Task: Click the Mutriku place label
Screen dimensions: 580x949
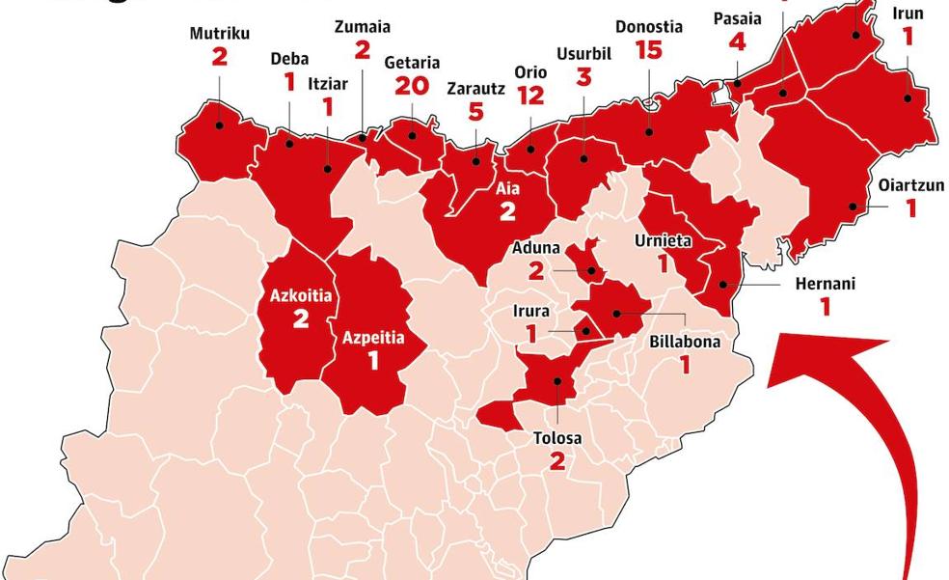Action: pyautogui.click(x=219, y=33)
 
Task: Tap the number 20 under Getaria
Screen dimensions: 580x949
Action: pyautogui.click(x=412, y=87)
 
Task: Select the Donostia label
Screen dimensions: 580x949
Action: pyautogui.click(x=649, y=27)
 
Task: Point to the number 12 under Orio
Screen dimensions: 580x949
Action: pyautogui.click(x=530, y=97)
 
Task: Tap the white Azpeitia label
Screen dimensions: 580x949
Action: pyautogui.click(x=373, y=338)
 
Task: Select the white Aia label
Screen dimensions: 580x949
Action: pyautogui.click(x=507, y=189)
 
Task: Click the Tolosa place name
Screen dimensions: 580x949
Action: pyautogui.click(x=557, y=438)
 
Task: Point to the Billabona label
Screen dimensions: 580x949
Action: pyautogui.click(x=684, y=341)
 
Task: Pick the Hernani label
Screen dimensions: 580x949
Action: pyautogui.click(x=825, y=284)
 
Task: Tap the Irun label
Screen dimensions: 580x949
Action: pyautogui.click(x=908, y=13)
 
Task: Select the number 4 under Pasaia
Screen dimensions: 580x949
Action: pyautogui.click(x=738, y=42)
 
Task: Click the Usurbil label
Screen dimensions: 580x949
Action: pyautogui.click(x=583, y=53)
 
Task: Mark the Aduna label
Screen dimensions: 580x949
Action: pyautogui.click(x=536, y=248)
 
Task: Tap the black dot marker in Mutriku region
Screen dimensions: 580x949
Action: pyautogui.click(x=219, y=124)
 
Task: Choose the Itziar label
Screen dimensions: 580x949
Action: pyautogui.click(x=327, y=83)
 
